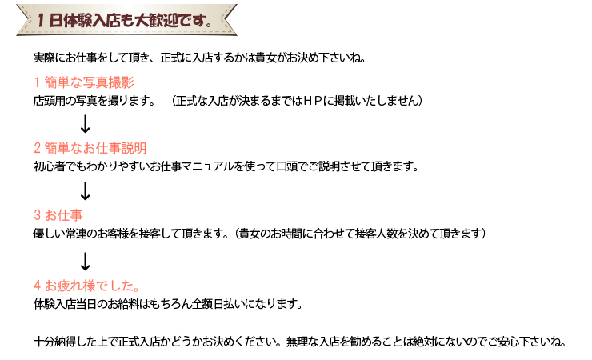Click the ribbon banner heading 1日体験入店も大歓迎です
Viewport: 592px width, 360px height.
pyautogui.click(x=126, y=20)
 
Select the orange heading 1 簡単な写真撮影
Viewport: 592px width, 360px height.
pyautogui.click(x=84, y=82)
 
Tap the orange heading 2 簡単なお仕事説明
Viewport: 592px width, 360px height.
pyautogui.click(x=90, y=148)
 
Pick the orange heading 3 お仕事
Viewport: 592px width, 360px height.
pyautogui.click(x=58, y=215)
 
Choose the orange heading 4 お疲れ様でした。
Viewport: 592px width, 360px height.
pyautogui.click(x=86, y=286)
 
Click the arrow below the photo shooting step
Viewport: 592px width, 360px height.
pyautogui.click(x=86, y=124)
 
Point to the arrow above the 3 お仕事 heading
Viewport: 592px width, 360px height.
pyautogui.click(x=86, y=191)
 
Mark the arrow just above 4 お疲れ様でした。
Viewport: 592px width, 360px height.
pyautogui.click(x=86, y=262)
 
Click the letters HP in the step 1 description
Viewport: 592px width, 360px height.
pyautogui.click(x=312, y=101)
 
